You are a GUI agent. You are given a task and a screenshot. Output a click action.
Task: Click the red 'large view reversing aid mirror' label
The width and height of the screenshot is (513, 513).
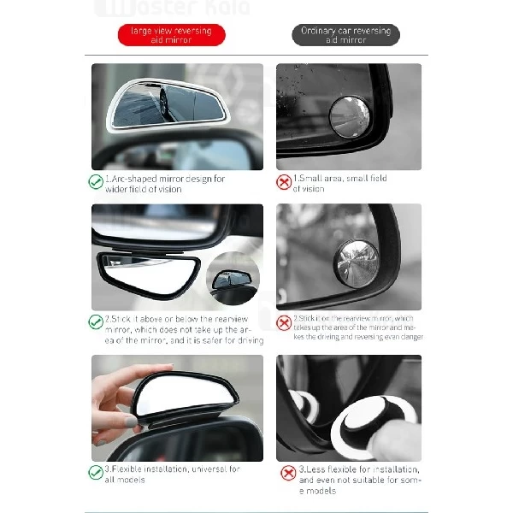(171, 35)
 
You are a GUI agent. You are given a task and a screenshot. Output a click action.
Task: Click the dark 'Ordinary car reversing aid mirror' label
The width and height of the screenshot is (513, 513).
(345, 35)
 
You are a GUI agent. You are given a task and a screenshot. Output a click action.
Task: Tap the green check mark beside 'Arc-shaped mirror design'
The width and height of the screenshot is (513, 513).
(96, 182)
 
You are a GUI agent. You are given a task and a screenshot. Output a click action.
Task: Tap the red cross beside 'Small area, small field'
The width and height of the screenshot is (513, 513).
(284, 182)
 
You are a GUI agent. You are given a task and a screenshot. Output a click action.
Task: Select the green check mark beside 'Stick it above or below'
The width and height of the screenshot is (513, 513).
(96, 322)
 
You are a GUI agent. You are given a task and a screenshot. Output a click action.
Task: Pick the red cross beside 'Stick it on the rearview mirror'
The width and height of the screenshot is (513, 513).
(284, 322)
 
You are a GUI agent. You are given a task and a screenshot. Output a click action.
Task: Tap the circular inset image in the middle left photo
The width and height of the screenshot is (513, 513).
(233, 277)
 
